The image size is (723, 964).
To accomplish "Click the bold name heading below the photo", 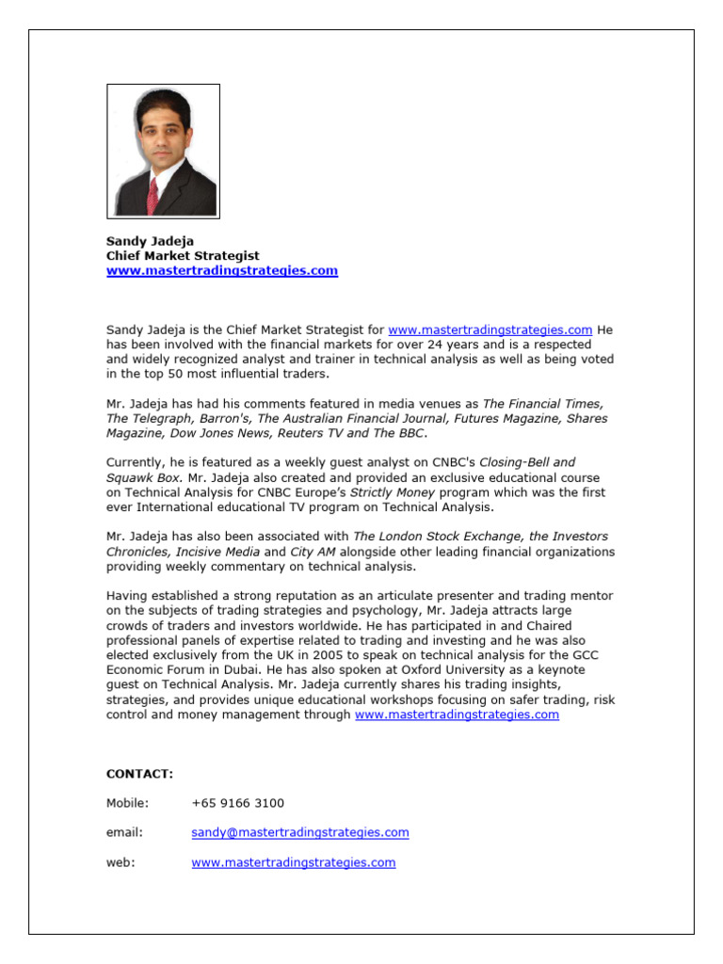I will (x=150, y=241).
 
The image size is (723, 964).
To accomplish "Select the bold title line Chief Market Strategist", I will (x=183, y=256).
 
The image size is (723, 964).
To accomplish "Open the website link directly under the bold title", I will (x=221, y=271).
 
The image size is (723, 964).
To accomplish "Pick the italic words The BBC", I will (x=399, y=433).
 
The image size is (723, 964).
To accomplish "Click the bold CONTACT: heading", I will (x=139, y=774).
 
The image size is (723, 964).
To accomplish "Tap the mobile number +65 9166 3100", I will (x=237, y=803).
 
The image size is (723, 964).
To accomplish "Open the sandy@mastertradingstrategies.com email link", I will (x=299, y=832).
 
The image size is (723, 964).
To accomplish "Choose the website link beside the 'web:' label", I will (x=293, y=862).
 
